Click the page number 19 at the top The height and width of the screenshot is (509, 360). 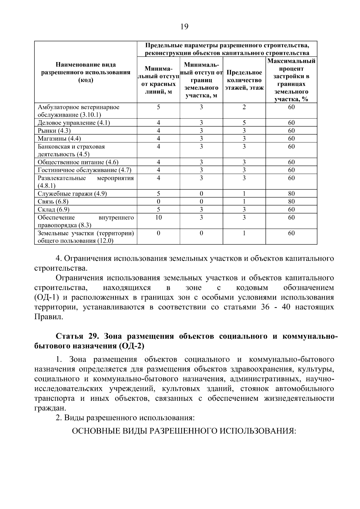pos(184,27)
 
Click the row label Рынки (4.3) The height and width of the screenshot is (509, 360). pos(54,130)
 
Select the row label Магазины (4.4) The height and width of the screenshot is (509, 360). pos(59,138)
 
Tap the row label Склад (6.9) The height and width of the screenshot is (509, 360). pos(51,209)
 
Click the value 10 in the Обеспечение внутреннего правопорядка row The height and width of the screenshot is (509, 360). pos(158,217)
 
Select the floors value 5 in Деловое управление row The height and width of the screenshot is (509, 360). pos(244,123)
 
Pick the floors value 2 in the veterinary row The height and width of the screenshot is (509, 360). pos(244,107)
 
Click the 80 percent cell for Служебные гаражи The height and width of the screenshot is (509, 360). pos(291,193)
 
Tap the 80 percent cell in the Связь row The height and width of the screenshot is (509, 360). pos(291,201)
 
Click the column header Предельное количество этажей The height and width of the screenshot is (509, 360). pos(244,80)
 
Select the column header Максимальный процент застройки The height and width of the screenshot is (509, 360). pos(291,80)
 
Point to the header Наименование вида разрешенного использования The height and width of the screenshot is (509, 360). pos(86,72)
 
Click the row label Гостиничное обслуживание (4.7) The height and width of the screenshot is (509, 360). pos(85,170)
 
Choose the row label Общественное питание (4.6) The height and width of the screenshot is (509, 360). pos(78,162)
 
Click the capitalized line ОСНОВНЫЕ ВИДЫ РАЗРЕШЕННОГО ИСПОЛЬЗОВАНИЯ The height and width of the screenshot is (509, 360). pos(184,431)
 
